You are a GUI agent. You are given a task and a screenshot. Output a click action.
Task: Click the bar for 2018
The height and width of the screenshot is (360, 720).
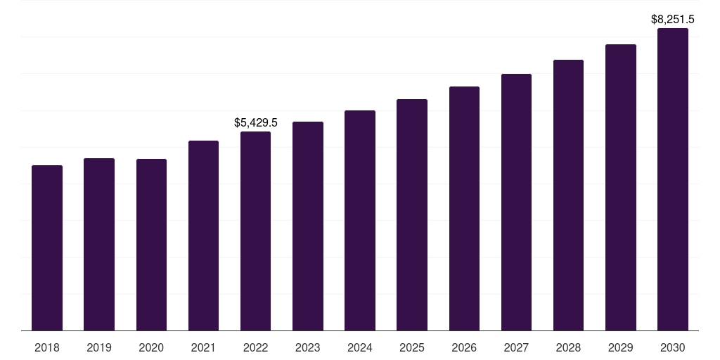[47, 247]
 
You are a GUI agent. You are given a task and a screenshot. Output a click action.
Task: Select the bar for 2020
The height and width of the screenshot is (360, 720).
[151, 245]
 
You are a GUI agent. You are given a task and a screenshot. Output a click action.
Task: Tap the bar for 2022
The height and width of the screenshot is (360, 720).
[255, 231]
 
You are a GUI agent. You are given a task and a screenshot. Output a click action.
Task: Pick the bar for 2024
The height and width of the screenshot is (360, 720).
[360, 220]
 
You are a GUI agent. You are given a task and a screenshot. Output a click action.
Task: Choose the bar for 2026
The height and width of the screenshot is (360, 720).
[464, 208]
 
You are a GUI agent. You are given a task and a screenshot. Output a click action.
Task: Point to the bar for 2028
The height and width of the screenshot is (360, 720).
[568, 195]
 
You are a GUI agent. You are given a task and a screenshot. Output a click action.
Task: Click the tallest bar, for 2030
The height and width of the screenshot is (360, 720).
[673, 179]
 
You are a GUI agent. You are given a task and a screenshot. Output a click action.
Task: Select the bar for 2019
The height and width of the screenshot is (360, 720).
[99, 244]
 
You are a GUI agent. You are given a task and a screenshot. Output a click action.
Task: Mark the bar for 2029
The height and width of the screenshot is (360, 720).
[621, 187]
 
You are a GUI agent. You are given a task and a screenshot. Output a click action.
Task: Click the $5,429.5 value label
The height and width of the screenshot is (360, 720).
[256, 123]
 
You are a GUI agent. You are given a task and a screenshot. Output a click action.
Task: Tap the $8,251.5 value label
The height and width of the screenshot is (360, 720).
[673, 20]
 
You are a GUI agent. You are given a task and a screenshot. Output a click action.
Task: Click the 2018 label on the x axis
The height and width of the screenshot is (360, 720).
[47, 347]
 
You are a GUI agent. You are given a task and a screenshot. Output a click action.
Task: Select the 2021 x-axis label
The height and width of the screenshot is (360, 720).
[203, 347]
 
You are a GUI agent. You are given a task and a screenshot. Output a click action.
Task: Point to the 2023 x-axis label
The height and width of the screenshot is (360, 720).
[308, 347]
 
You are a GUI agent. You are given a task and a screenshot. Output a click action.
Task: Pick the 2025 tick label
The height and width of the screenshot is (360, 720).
[412, 347]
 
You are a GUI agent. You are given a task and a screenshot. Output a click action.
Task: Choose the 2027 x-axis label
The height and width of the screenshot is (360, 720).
[516, 347]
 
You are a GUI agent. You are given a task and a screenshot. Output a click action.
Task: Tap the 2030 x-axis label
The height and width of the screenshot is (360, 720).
[673, 347]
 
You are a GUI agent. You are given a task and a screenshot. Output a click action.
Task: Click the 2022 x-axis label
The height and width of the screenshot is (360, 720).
[255, 347]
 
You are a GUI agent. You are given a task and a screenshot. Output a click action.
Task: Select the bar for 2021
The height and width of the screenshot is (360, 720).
[203, 236]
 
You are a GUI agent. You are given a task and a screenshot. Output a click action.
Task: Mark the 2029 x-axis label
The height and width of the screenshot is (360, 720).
[621, 347]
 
